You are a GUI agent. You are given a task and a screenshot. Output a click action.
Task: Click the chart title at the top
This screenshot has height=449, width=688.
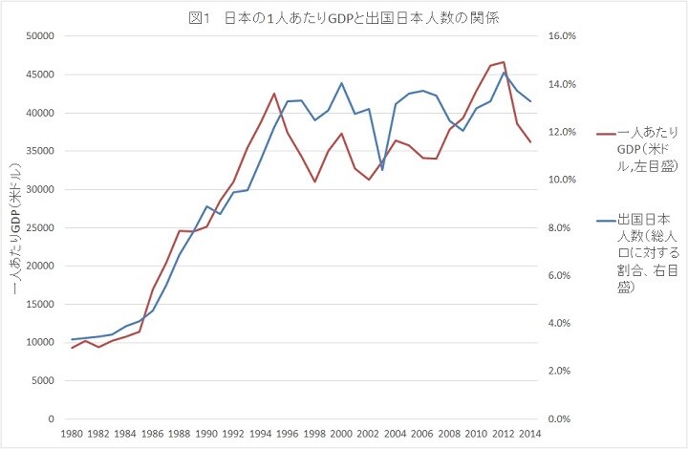point(344,17)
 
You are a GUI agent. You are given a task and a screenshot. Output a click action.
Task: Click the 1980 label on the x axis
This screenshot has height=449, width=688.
point(72,434)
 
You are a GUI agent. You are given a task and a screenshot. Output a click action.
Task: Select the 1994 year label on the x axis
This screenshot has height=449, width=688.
point(260,434)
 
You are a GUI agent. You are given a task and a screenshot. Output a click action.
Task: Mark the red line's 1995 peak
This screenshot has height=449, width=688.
point(274,94)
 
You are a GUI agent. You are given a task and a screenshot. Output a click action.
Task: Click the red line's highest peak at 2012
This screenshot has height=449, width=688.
point(504,62)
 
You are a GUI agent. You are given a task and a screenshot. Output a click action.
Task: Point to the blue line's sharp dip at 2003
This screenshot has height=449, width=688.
point(382,169)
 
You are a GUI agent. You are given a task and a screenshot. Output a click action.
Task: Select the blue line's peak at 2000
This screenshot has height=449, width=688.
point(342,83)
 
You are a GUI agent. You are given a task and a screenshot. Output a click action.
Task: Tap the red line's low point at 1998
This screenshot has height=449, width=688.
point(314,182)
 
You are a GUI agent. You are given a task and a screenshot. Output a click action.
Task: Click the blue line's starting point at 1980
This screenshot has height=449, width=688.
point(72,339)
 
